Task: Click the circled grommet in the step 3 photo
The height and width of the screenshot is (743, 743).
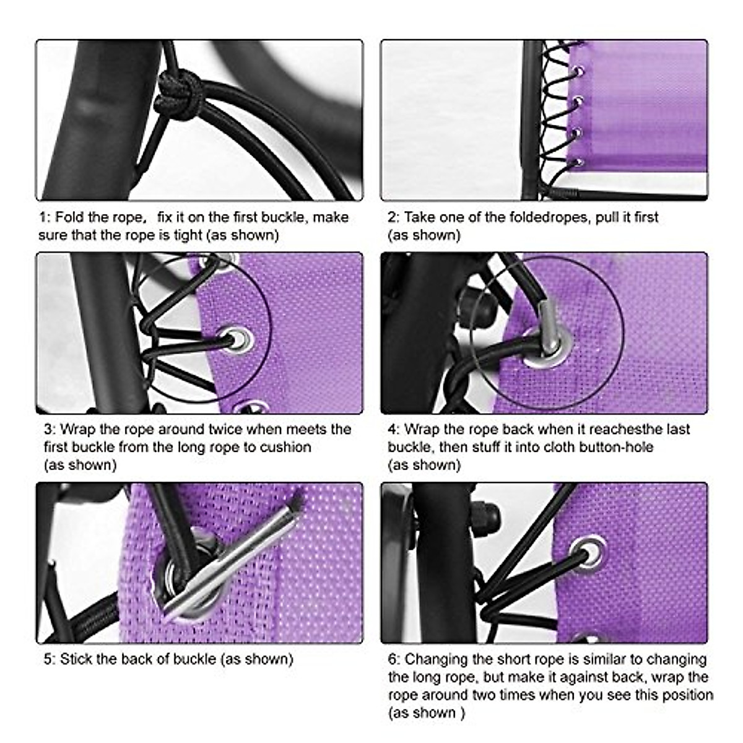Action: pos(238,338)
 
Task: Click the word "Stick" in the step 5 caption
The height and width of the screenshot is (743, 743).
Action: pos(76,659)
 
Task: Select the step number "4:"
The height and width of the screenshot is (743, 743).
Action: pos(394,429)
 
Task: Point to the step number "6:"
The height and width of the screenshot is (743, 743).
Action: pos(394,659)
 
